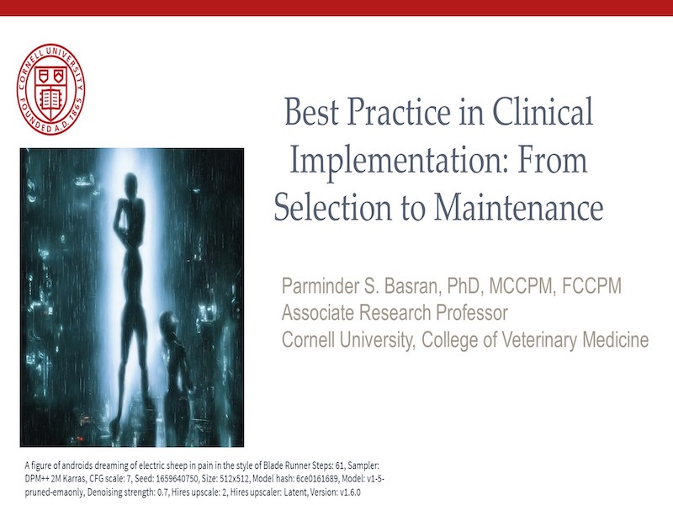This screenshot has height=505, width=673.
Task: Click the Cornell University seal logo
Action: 51,89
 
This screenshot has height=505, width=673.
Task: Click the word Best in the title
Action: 311,111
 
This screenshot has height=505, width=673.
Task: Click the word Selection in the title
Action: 332,208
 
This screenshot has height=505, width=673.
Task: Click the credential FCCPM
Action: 591,286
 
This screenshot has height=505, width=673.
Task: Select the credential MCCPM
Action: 521,286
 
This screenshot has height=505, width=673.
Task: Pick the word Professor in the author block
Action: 472,312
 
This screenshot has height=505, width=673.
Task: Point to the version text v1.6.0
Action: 349,492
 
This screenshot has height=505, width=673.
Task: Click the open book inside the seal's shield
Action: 50,99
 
